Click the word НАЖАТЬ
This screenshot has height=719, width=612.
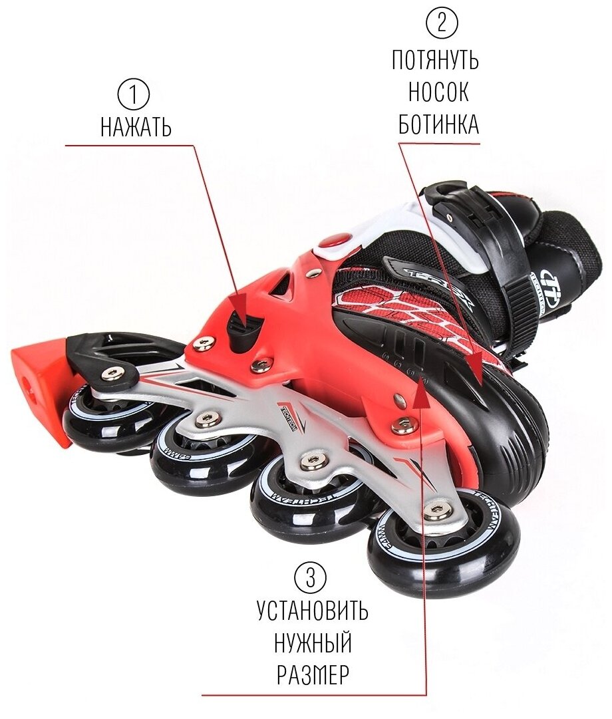(x=136, y=127)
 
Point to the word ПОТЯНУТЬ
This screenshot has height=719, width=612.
(x=435, y=61)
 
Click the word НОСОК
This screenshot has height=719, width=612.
(x=438, y=92)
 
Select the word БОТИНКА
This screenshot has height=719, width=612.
(x=438, y=124)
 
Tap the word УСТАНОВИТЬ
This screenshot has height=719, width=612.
(x=313, y=611)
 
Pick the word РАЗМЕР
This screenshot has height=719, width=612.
(x=312, y=675)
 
